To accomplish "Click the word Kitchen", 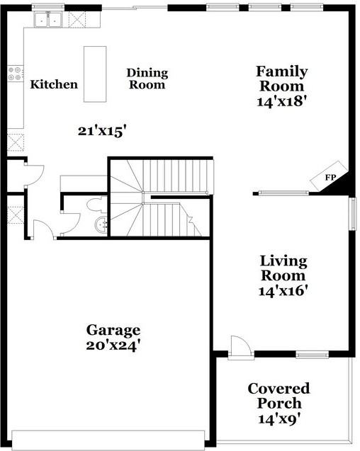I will pyautogui.click(x=54, y=85).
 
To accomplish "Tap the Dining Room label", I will pyautogui.click(x=147, y=79).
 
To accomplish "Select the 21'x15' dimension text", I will pyautogui.click(x=102, y=130).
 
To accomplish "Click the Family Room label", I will pyautogui.click(x=281, y=79).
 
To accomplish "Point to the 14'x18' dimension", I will pyautogui.click(x=281, y=101).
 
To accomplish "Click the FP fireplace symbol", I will pyautogui.click(x=330, y=178).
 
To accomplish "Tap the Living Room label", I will pyautogui.click(x=282, y=268).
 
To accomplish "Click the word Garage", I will pyautogui.click(x=113, y=330).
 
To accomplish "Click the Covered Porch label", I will pyautogui.click(x=279, y=396).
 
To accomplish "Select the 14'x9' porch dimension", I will pyautogui.click(x=279, y=418).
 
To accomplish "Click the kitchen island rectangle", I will pyautogui.click(x=95, y=74).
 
